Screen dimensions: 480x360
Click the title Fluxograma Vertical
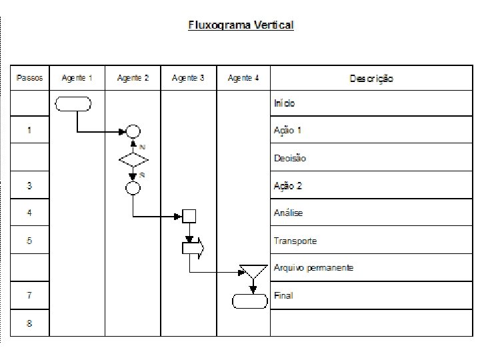(241, 25)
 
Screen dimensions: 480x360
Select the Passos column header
(29, 78)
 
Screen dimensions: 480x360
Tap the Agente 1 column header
(77, 78)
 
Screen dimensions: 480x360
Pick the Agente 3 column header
(188, 78)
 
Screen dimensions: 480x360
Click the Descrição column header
(371, 79)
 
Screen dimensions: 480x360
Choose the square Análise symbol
(189, 216)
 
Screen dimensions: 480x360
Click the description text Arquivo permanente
(313, 268)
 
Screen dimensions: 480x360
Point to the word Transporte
(295, 241)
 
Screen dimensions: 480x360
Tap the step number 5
(29, 241)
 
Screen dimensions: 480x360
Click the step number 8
(29, 323)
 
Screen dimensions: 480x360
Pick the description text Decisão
(290, 158)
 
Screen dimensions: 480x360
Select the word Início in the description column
(285, 103)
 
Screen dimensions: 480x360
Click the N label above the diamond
(142, 147)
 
